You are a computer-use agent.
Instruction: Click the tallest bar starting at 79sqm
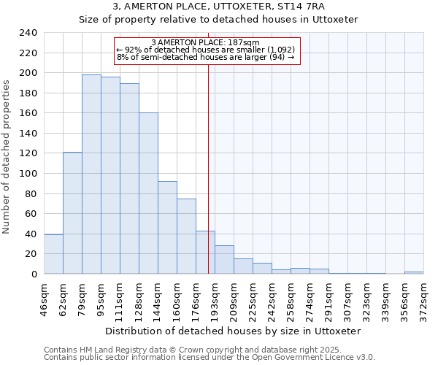(x=91, y=174)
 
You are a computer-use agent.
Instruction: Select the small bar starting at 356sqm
(x=414, y=272)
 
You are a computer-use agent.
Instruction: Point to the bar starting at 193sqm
(x=224, y=260)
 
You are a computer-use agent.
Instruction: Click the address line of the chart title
(x=218, y=7)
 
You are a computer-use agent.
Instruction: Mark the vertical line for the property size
(x=209, y=182)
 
